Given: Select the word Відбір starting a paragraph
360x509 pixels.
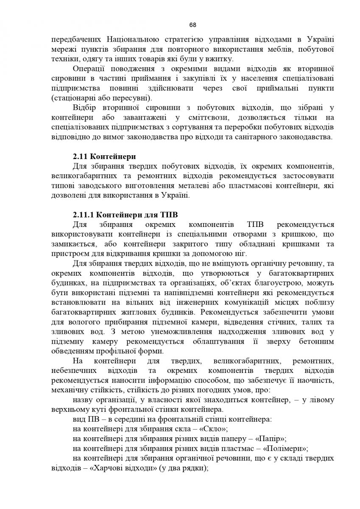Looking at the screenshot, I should [x=85, y=108].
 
